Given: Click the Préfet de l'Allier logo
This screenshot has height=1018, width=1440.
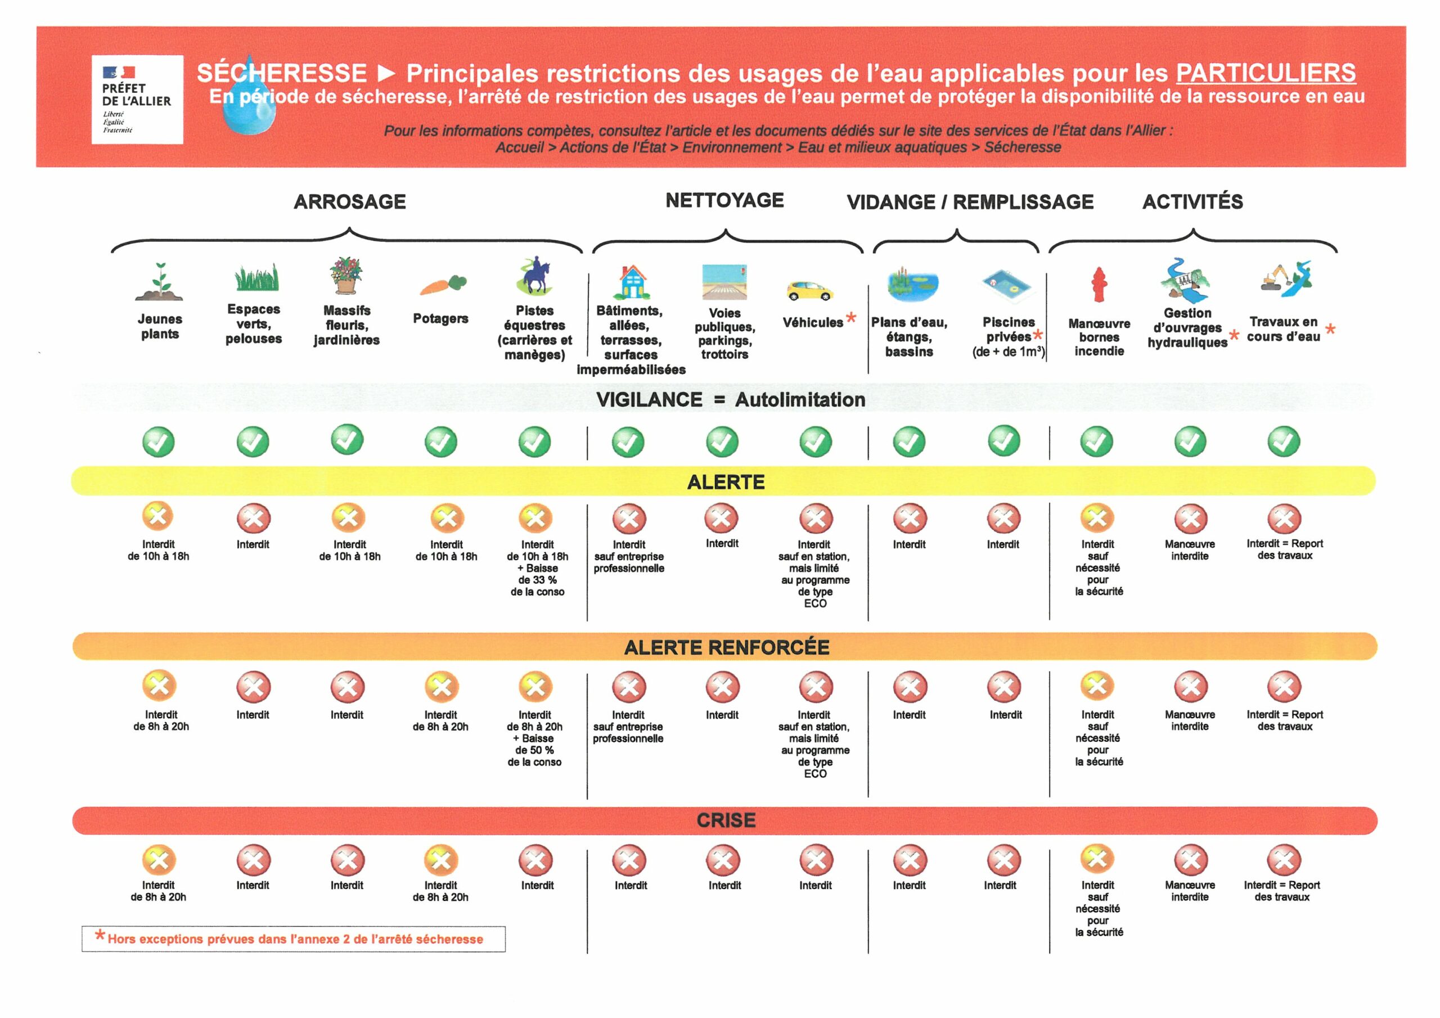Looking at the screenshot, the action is coord(137,99).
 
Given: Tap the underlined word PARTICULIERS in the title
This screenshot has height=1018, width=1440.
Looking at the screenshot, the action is coord(1266,73).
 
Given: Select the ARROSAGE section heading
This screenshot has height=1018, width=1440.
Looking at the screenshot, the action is coord(350,201).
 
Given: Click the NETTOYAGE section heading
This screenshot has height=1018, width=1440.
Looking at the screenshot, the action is coord(724,200).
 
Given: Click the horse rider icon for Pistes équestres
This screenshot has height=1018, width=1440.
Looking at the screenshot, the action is coord(535,276).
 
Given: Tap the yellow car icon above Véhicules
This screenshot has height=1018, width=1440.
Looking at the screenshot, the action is coord(809,290).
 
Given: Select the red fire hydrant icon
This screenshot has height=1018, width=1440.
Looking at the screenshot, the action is coord(1098,284).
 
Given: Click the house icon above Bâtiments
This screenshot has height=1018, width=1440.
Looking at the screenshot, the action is coord(632,282).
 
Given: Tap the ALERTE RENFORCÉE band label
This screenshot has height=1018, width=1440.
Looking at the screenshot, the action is coord(726,647).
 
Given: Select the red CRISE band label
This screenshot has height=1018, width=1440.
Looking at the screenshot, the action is coord(726,820).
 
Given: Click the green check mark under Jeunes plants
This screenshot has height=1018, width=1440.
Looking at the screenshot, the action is coord(158,442).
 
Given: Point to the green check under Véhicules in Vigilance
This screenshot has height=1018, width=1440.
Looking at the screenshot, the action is coord(815,442).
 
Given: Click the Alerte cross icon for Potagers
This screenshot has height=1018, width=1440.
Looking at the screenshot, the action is coord(447,518).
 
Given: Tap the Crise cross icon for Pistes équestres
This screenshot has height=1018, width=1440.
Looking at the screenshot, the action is coord(535,860).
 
